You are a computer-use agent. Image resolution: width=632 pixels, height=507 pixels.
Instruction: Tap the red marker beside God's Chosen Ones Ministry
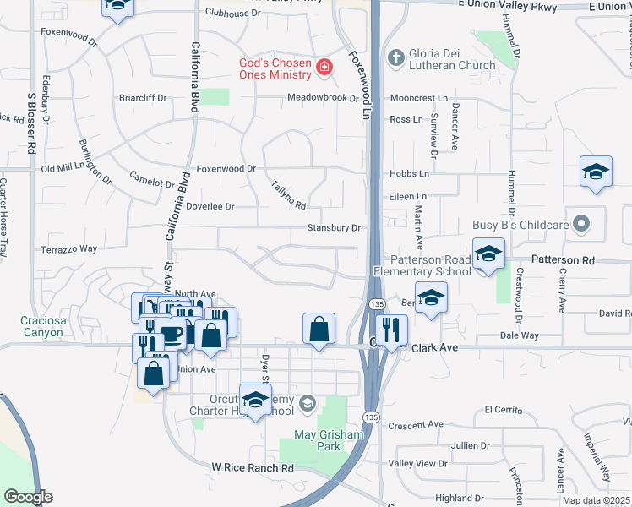pos(323,67)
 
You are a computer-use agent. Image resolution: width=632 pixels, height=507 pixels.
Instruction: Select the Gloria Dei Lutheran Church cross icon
pos(395,57)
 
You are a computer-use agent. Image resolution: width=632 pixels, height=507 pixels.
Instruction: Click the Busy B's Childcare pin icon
pos(580,224)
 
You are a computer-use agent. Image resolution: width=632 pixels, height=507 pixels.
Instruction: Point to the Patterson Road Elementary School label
pos(429,265)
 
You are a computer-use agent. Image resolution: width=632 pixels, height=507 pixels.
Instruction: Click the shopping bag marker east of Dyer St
pos(319,329)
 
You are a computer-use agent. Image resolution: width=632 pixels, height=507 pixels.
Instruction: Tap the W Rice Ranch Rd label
pos(253,467)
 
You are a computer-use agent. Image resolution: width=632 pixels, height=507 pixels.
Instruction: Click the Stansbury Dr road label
pos(334,228)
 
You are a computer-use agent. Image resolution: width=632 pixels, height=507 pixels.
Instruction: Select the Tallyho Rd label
pos(288,194)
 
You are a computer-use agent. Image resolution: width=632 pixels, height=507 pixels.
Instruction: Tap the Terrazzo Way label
pos(70,249)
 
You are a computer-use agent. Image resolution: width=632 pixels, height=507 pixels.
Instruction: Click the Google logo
pos(28,497)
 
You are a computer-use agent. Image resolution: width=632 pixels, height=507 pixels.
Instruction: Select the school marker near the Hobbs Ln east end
pos(596,172)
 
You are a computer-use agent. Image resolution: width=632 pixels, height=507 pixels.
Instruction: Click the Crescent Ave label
pos(416,424)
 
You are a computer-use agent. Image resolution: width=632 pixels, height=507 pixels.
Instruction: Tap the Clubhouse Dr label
pos(233,14)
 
